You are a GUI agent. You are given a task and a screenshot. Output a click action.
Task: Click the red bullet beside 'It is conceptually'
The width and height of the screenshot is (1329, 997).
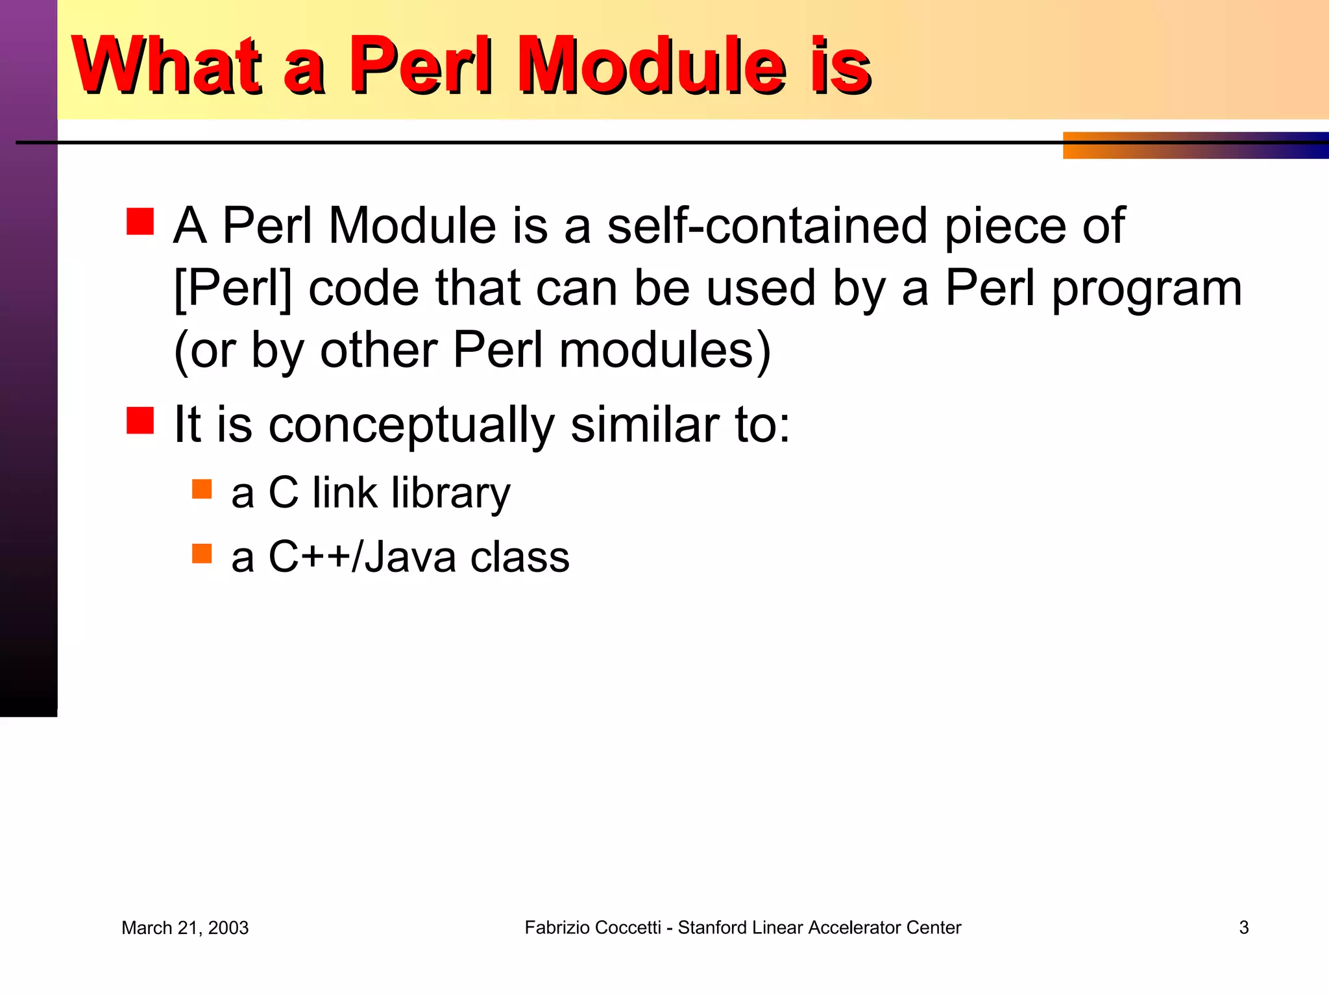click(x=140, y=420)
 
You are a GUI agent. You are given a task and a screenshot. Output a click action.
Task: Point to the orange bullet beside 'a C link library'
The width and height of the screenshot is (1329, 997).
click(x=202, y=489)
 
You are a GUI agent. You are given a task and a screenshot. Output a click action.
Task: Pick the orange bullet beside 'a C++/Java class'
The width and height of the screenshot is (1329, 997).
click(x=202, y=553)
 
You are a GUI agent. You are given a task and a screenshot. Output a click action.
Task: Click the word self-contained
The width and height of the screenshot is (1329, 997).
click(x=767, y=225)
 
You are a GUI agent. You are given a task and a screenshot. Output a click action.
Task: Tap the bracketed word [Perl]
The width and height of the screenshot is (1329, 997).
click(x=233, y=288)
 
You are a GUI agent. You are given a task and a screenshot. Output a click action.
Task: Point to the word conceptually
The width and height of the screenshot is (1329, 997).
click(x=411, y=426)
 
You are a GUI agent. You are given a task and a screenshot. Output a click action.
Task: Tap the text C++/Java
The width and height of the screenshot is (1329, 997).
click(x=362, y=557)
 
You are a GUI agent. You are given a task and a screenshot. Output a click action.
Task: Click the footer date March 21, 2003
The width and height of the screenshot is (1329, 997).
click(x=185, y=928)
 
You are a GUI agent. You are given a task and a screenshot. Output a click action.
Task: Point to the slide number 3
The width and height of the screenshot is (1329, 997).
click(x=1243, y=928)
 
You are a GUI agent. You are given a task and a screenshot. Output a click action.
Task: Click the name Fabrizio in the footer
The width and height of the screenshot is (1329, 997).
click(x=557, y=928)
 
